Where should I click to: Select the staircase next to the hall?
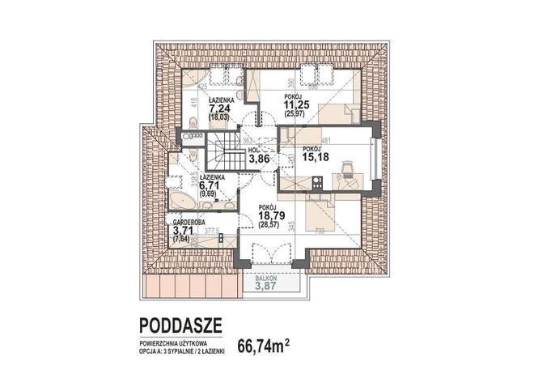[x=221, y=153]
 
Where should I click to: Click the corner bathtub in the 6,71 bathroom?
[x=177, y=198]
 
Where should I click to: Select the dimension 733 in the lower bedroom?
[x=320, y=232]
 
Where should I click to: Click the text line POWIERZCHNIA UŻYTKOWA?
[x=173, y=343]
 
